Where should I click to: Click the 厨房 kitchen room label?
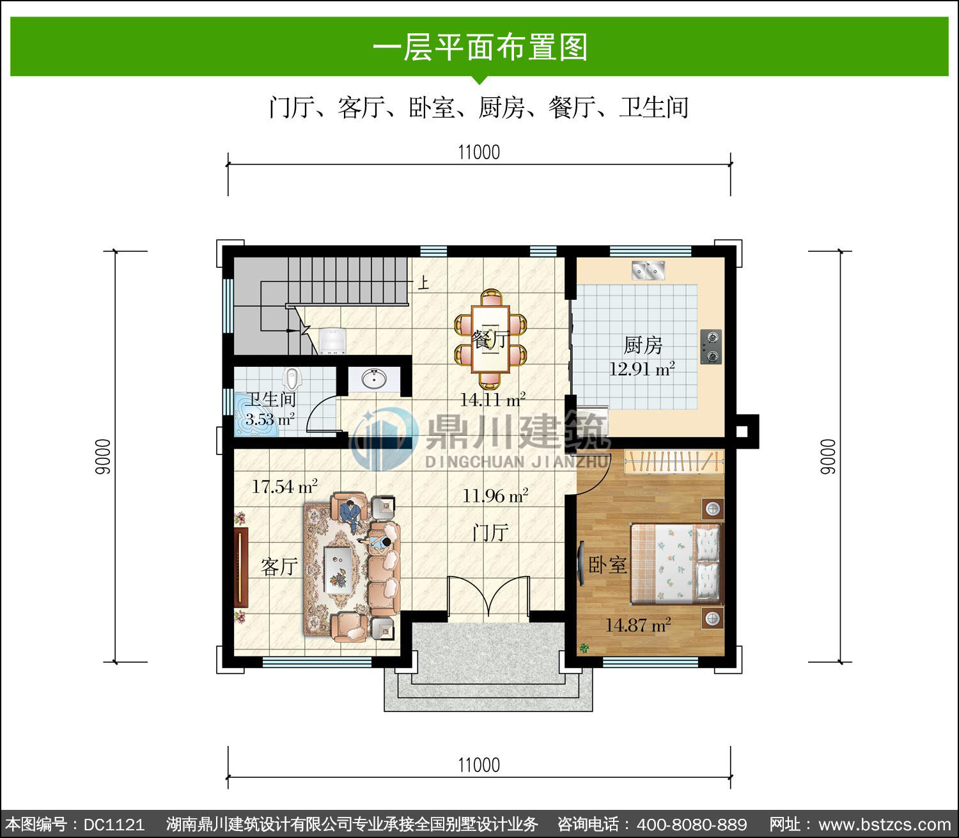click(x=643, y=345)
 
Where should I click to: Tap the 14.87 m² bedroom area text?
click(x=638, y=625)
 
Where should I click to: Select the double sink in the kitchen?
click(x=648, y=270)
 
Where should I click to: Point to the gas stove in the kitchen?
click(x=711, y=346)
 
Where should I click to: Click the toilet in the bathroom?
click(x=292, y=378)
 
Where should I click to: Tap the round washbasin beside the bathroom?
click(x=373, y=378)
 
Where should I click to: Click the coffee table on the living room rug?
click(x=338, y=570)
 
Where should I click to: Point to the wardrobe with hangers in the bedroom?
click(x=674, y=462)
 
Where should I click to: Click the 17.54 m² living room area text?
click(x=285, y=486)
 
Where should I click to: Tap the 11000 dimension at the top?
click(x=479, y=152)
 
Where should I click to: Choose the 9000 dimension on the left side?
click(x=103, y=456)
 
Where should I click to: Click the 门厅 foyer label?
click(x=490, y=533)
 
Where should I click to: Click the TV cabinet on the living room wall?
click(x=241, y=568)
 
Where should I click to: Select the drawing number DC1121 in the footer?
click(x=114, y=824)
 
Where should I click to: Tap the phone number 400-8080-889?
click(x=691, y=824)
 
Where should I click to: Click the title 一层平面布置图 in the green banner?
click(x=479, y=47)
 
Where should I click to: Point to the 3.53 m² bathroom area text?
click(x=270, y=419)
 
